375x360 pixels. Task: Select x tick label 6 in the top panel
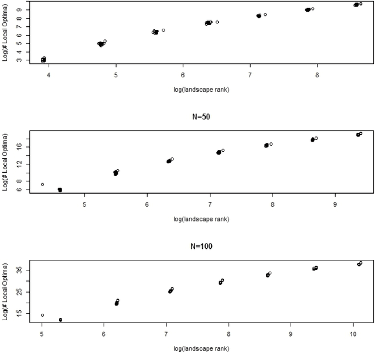(183, 76)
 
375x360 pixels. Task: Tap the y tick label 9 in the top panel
(19, 10)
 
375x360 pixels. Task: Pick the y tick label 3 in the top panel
(19, 60)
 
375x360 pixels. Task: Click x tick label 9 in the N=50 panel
(335, 204)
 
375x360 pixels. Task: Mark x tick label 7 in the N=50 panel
(210, 204)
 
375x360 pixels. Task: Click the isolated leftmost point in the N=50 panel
(42, 184)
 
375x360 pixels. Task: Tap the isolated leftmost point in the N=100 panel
(42, 315)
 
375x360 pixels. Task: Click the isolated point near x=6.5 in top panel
(217, 22)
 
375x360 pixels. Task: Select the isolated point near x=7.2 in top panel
(265, 15)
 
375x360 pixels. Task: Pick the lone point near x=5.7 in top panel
(163, 30)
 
